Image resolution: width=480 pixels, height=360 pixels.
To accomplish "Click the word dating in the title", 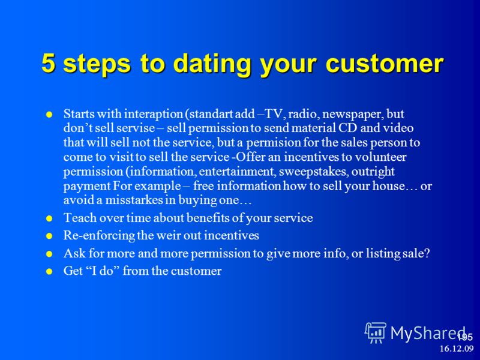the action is pyautogui.click(x=214, y=64).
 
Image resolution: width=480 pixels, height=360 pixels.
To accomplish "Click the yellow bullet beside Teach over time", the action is pyautogui.click(x=49, y=218).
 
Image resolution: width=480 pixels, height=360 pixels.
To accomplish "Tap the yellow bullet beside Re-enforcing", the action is pyautogui.click(x=49, y=236).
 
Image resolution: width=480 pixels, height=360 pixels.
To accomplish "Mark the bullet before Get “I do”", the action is pyautogui.click(x=49, y=272).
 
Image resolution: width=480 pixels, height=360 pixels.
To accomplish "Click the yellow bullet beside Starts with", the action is pyautogui.click(x=49, y=115).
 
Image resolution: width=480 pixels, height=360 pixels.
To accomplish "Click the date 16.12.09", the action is pyautogui.click(x=457, y=349).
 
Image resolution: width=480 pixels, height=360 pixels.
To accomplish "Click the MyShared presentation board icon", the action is pyautogui.click(x=376, y=333).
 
